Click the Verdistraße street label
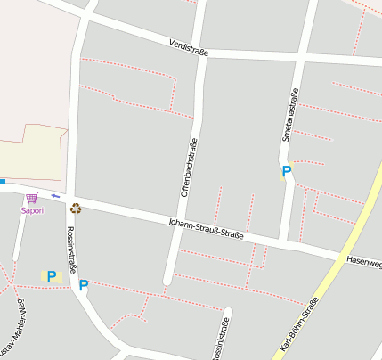[x=188, y=46]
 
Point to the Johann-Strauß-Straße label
[x=206, y=228]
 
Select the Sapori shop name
[x=32, y=211]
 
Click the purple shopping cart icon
[x=32, y=198]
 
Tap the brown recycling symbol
[x=76, y=208]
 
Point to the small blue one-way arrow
[x=55, y=195]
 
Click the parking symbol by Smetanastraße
[x=286, y=171]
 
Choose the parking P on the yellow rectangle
[x=51, y=276]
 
